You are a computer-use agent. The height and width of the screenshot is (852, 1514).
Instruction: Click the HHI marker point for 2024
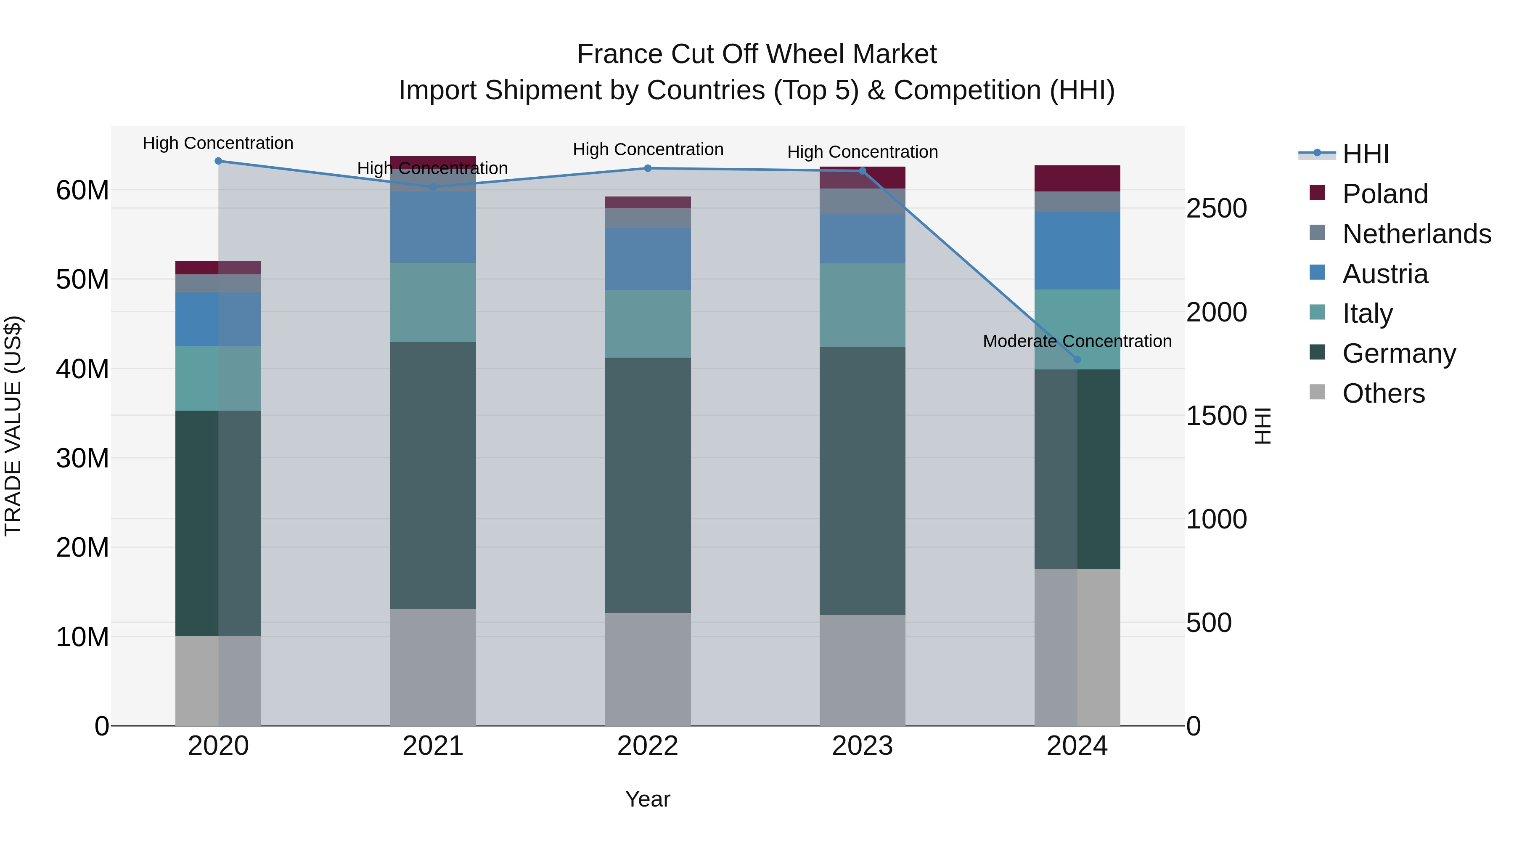(1077, 359)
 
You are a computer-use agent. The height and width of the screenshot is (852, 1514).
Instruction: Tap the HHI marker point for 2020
(218, 161)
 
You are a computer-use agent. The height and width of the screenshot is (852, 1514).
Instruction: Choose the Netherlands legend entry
(1416, 234)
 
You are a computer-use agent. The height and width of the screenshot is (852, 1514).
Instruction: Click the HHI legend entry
(1365, 154)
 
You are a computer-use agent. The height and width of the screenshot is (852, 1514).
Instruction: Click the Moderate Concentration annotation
(1077, 341)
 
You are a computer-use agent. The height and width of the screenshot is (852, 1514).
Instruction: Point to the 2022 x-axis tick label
(647, 746)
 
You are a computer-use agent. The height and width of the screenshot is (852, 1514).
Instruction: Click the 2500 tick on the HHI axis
(1216, 208)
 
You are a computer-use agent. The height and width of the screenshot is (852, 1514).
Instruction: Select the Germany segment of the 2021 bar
(433, 475)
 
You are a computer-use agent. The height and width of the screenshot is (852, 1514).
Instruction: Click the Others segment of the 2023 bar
(862, 670)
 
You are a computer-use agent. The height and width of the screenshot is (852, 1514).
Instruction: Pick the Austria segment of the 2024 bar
(1077, 250)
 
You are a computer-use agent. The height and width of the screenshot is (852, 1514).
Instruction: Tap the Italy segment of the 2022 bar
(647, 324)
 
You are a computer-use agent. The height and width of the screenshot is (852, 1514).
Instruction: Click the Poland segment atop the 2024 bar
(1077, 178)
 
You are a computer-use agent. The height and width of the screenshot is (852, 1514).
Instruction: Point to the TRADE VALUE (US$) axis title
(13, 426)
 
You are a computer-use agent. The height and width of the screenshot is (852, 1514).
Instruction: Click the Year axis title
(647, 799)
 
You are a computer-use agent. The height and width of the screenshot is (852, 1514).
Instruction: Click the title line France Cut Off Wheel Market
(757, 54)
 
